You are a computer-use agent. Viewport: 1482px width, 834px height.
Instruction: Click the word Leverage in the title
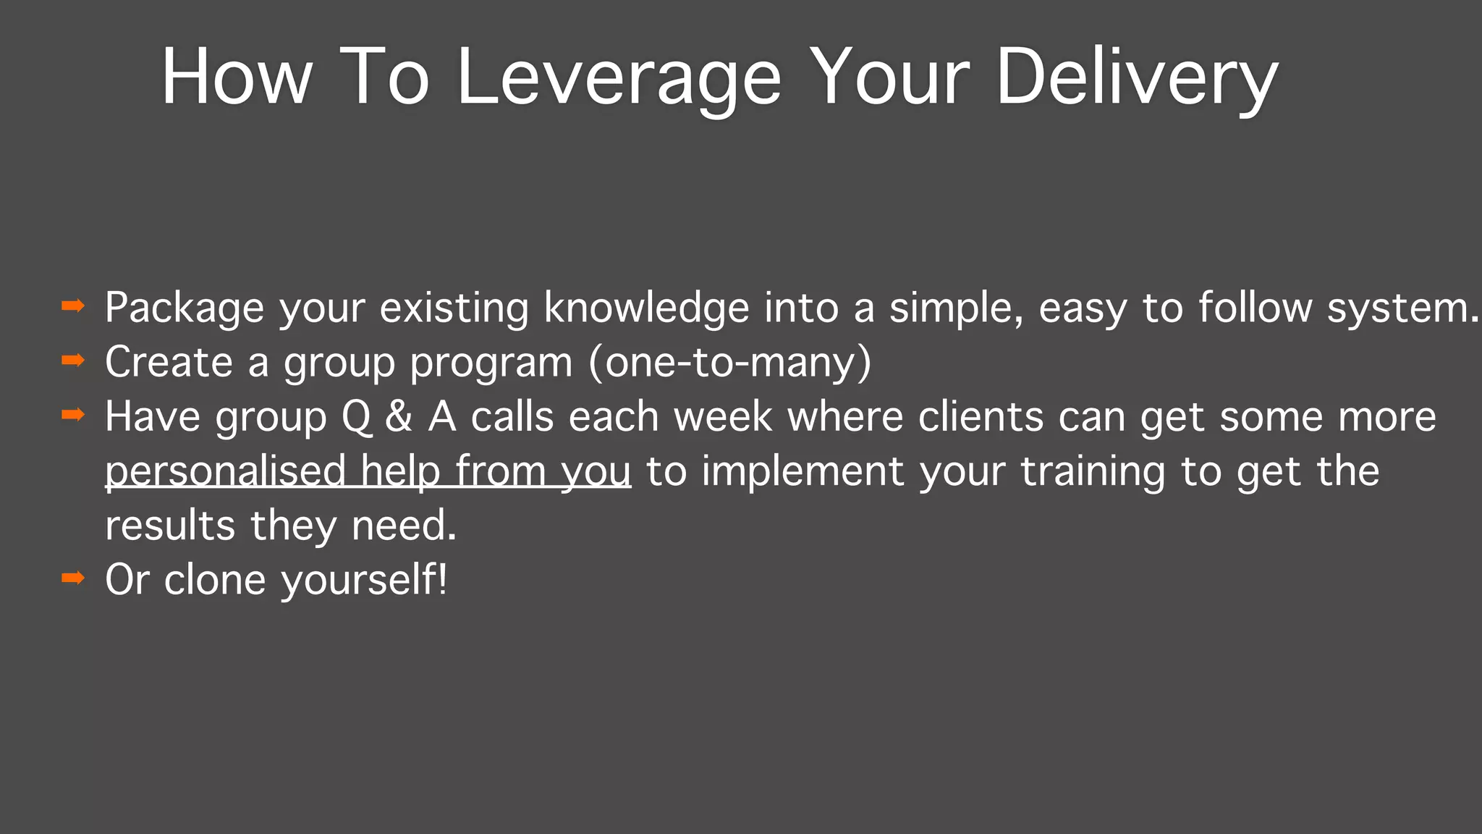pyautogui.click(x=619, y=77)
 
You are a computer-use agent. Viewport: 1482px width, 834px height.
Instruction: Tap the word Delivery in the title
pyautogui.click(x=1136, y=77)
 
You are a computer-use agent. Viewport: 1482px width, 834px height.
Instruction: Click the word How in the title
pyautogui.click(x=237, y=77)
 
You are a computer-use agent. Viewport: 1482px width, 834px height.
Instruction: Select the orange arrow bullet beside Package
pyautogui.click(x=73, y=306)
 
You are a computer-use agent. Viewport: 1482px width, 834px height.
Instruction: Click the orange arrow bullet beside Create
pyautogui.click(x=73, y=361)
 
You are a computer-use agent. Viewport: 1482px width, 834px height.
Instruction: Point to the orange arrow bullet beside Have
pyautogui.click(x=73, y=415)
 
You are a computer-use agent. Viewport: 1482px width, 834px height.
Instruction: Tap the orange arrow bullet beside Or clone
pyautogui.click(x=73, y=578)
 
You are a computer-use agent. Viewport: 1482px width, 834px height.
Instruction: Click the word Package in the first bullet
pyautogui.click(x=185, y=308)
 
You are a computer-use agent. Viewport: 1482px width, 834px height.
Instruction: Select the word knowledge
pyautogui.click(x=646, y=308)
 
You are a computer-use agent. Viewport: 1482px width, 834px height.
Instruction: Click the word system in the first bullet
pyautogui.click(x=1400, y=308)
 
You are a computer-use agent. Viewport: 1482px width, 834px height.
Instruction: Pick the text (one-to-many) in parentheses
pyautogui.click(x=730, y=362)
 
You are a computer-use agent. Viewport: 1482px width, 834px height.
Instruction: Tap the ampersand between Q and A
pyautogui.click(x=399, y=417)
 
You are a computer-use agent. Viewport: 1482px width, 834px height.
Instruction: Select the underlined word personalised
pyautogui.click(x=225, y=471)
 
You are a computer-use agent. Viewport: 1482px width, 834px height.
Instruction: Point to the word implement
pyautogui.click(x=803, y=471)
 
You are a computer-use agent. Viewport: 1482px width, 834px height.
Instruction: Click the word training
pyautogui.click(x=1093, y=471)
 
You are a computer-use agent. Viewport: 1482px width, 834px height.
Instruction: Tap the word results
pyautogui.click(x=170, y=525)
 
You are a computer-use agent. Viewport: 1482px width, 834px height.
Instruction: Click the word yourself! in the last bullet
pyautogui.click(x=364, y=580)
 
